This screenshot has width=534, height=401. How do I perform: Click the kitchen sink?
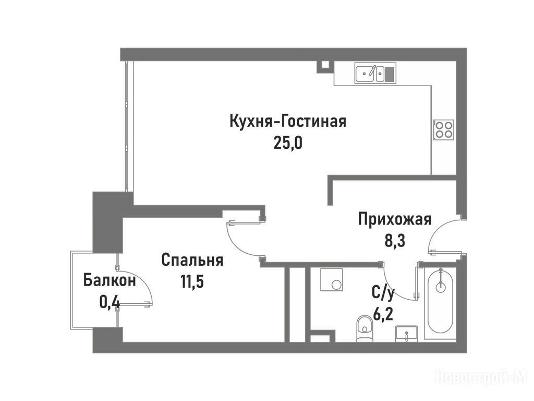(x=375, y=73)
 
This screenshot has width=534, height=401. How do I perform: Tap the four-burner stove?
(x=444, y=129)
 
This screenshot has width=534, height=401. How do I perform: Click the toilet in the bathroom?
(x=364, y=328)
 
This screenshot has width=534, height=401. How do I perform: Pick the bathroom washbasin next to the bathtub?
(x=406, y=333)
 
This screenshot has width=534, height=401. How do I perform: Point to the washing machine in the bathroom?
(x=332, y=280)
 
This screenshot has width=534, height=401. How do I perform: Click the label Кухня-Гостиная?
(x=288, y=121)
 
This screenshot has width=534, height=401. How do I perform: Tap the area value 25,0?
(x=288, y=144)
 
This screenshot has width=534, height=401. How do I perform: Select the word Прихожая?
(x=395, y=219)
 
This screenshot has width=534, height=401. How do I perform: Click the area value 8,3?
(x=395, y=241)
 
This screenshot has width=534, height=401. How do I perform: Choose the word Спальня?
(x=192, y=260)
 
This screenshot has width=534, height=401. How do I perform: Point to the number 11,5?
(x=192, y=282)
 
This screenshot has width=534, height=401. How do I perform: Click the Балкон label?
(x=110, y=280)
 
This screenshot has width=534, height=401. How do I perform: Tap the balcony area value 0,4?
(x=110, y=302)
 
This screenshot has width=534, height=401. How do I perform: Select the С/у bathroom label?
(x=383, y=293)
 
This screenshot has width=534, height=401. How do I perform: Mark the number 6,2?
(x=383, y=314)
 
